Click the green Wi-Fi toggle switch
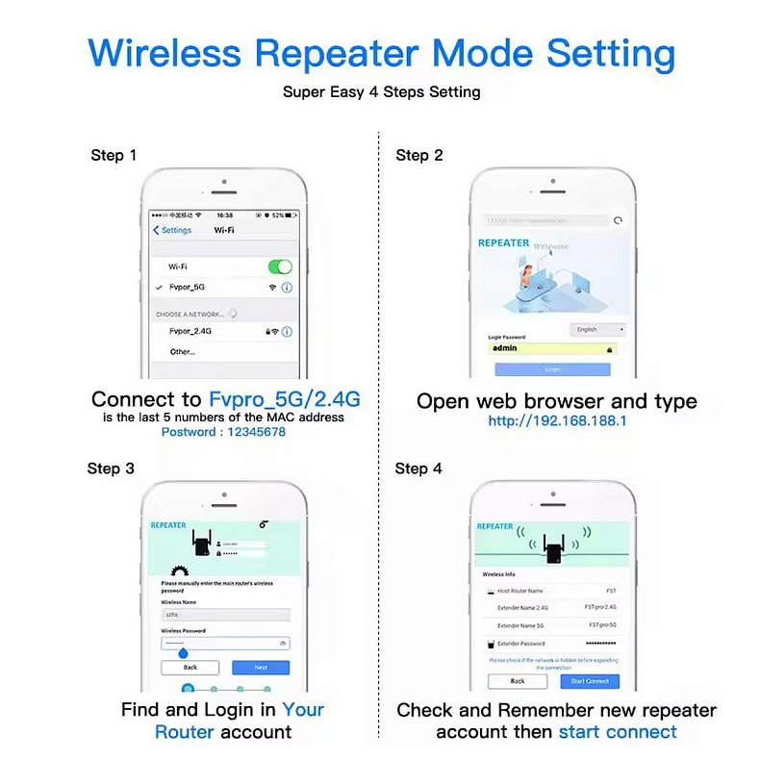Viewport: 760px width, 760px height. [x=279, y=266]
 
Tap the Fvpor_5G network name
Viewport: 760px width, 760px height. [x=187, y=288]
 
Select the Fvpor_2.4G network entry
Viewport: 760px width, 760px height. [x=190, y=331]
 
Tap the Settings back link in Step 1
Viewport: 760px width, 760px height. [x=173, y=231]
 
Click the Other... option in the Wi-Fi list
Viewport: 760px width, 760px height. [x=182, y=352]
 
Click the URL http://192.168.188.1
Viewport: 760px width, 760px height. [x=557, y=421]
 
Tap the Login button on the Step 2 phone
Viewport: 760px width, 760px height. [x=552, y=368]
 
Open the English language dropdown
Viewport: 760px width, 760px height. [x=597, y=329]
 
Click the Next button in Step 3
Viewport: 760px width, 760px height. [x=261, y=667]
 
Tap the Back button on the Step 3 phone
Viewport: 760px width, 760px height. [x=190, y=667]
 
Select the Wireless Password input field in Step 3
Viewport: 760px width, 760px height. [x=224, y=643]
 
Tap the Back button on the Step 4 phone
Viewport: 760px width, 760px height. [x=518, y=681]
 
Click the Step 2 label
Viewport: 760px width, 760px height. [x=419, y=155]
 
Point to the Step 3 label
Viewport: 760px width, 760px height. [x=111, y=469]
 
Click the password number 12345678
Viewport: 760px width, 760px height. [x=252, y=432]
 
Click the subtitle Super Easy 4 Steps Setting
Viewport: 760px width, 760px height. [x=381, y=92]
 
